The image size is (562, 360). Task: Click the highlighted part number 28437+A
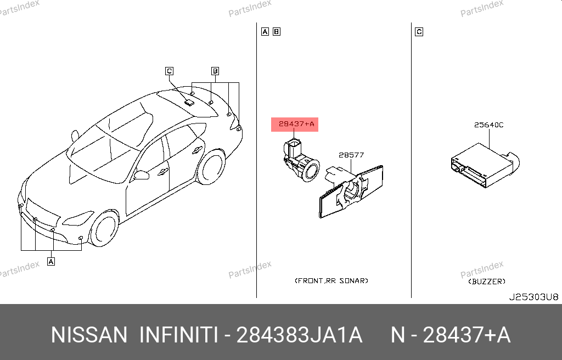click(296, 124)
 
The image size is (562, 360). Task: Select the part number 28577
click(351, 155)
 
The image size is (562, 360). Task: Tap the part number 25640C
click(488, 125)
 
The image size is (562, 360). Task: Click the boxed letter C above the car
click(169, 71)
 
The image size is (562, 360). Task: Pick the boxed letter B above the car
click(215, 71)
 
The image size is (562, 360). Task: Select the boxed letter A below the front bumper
click(51, 261)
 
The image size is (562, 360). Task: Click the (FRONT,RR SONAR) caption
click(331, 281)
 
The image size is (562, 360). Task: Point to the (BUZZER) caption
click(487, 282)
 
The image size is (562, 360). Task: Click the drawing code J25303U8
click(533, 297)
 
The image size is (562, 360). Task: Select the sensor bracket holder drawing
click(351, 190)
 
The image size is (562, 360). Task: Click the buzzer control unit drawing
click(485, 166)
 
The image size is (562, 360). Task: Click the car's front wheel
click(104, 229)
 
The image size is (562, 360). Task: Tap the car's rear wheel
click(211, 167)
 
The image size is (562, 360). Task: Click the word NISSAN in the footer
click(89, 335)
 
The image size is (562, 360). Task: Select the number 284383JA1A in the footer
click(300, 335)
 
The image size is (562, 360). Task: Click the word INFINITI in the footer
click(178, 335)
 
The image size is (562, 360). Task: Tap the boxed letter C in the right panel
click(419, 32)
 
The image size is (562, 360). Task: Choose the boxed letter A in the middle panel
click(265, 31)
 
